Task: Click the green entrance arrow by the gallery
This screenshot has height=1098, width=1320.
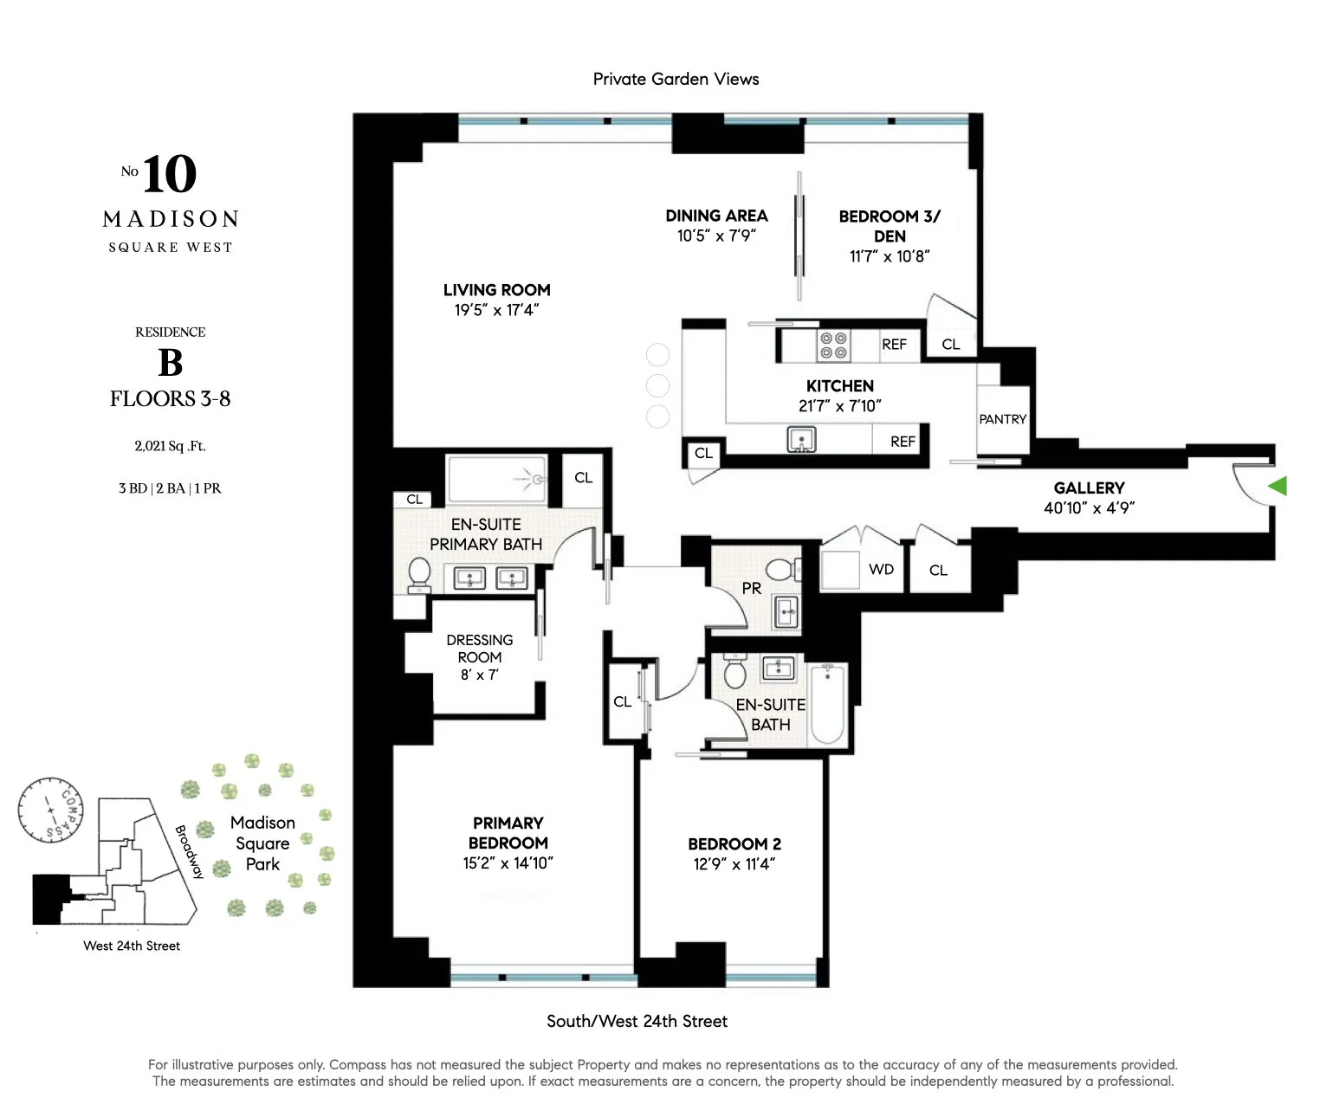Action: coord(1278,486)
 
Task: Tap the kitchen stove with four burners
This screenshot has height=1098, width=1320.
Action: coord(833,346)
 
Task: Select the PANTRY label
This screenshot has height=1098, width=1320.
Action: coord(1002,419)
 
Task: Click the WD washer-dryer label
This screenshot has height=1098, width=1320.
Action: coord(881,569)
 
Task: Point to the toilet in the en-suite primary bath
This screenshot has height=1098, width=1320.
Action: coord(419,574)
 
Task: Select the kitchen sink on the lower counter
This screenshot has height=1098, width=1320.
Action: coord(801,440)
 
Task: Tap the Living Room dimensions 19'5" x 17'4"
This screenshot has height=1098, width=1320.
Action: coord(496,310)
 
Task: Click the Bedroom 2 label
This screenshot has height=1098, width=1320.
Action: coord(734,843)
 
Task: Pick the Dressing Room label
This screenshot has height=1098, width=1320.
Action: coord(479,649)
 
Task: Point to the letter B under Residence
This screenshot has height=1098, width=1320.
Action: coord(171,363)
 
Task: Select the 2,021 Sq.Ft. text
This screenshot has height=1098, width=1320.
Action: coord(170,446)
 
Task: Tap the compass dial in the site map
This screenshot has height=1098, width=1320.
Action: coord(50,809)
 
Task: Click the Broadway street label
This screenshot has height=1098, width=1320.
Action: coord(188,851)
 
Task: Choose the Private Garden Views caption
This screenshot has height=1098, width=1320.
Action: coord(676,79)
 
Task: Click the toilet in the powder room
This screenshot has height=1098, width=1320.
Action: coord(782,569)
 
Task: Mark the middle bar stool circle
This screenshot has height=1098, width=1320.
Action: coord(658,385)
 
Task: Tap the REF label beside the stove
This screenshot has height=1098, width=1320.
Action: coord(894,345)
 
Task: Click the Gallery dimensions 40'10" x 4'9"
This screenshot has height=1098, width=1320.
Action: coord(1089,508)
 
